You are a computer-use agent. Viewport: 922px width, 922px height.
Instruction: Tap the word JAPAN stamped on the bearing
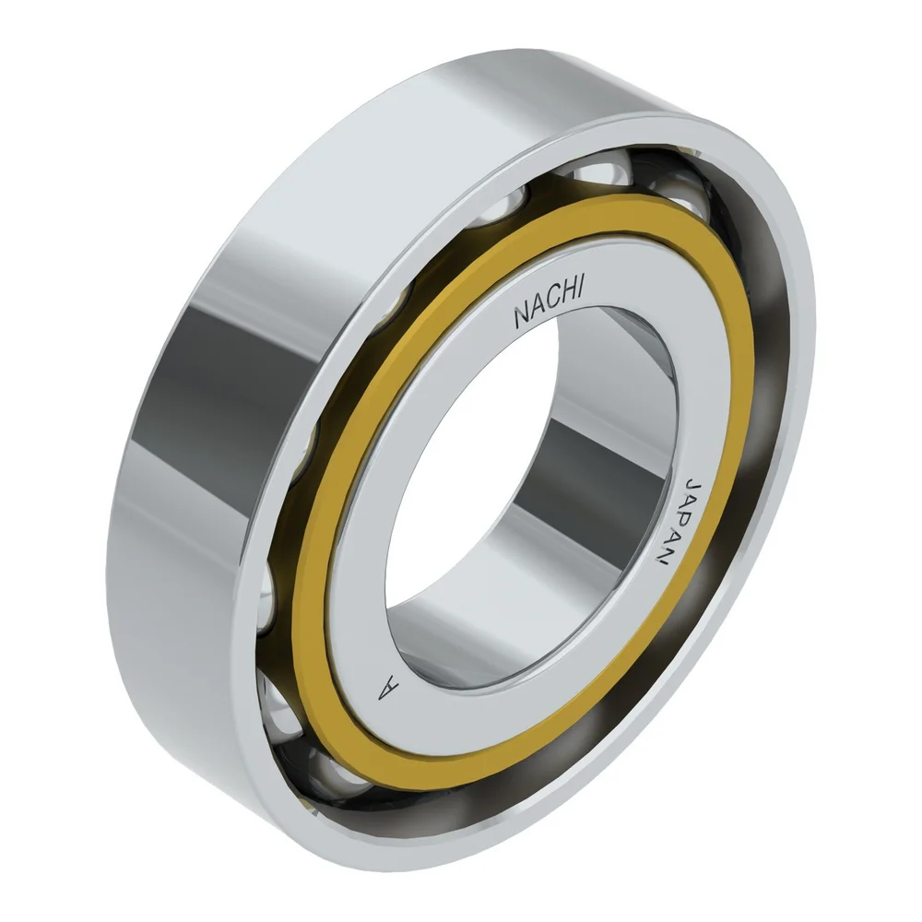pos(680,525)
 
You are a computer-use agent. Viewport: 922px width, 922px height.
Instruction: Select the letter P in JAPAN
pos(682,524)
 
